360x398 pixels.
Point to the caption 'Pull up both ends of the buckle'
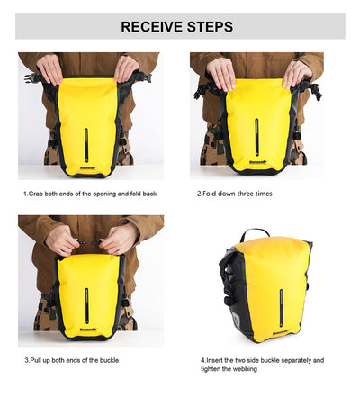tap(84, 360)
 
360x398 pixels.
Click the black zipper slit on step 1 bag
tap(87, 144)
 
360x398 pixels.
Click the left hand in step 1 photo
tap(50, 69)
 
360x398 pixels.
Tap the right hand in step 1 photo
tap(127, 69)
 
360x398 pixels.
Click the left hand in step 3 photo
tap(63, 240)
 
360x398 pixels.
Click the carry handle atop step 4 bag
tap(254, 233)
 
